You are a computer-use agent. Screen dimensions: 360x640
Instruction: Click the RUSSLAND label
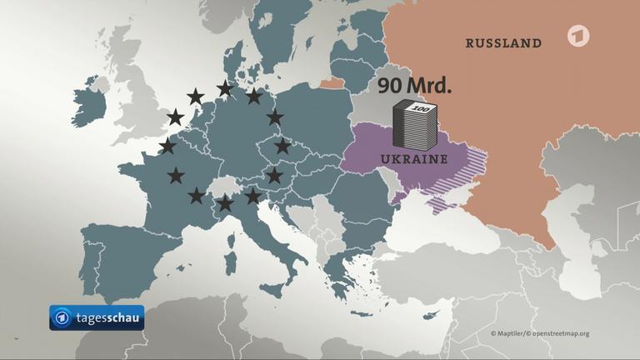pyautogui.click(x=502, y=43)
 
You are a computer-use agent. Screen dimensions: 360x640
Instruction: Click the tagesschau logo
pyautogui.click(x=96, y=317)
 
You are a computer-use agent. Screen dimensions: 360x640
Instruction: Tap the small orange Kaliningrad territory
pyautogui.click(x=332, y=82)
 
